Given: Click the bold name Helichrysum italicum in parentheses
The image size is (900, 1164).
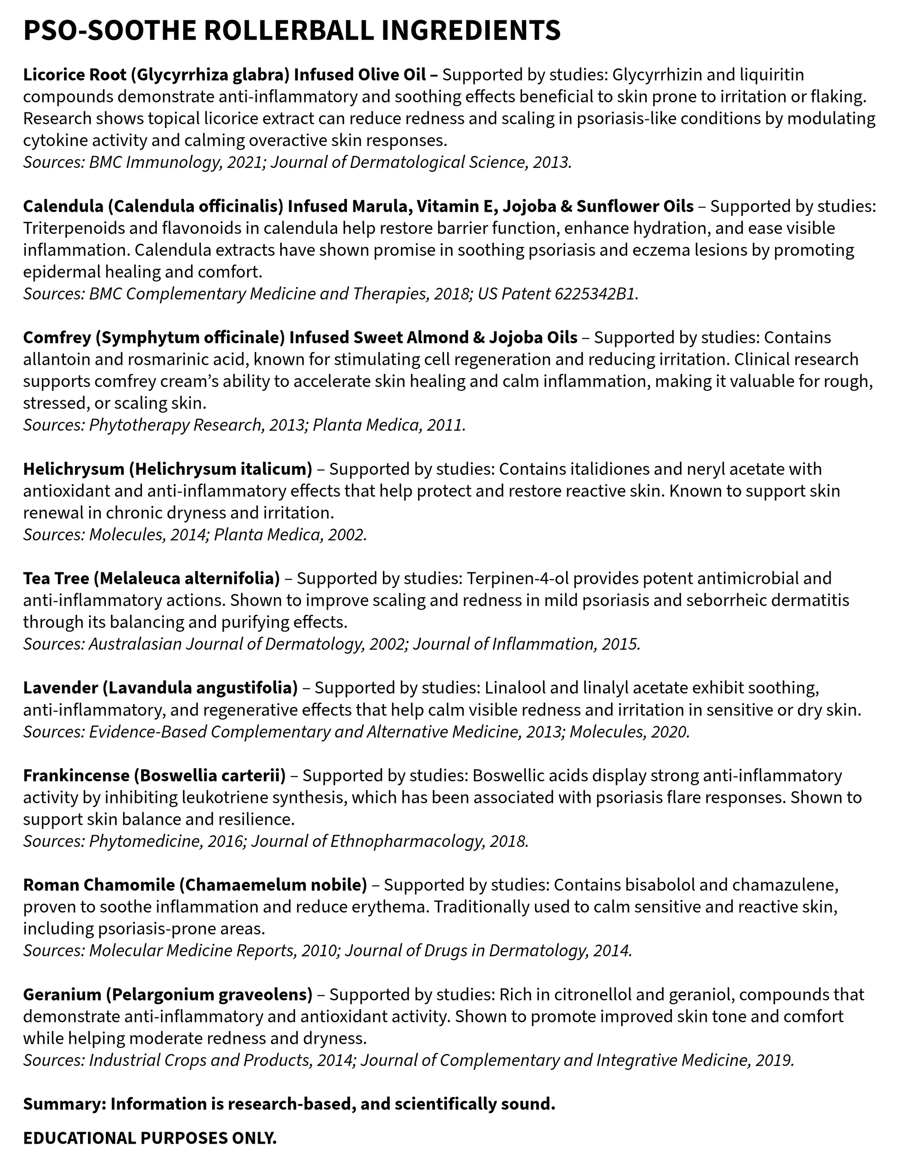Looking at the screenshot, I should [x=220, y=469].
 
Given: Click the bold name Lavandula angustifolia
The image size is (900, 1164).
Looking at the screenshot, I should [x=200, y=687].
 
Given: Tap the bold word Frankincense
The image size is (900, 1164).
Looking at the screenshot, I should [x=76, y=776].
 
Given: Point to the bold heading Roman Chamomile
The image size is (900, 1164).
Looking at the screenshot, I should [x=99, y=885].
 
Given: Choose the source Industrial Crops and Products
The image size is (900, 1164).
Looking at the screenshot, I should [x=200, y=1060].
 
